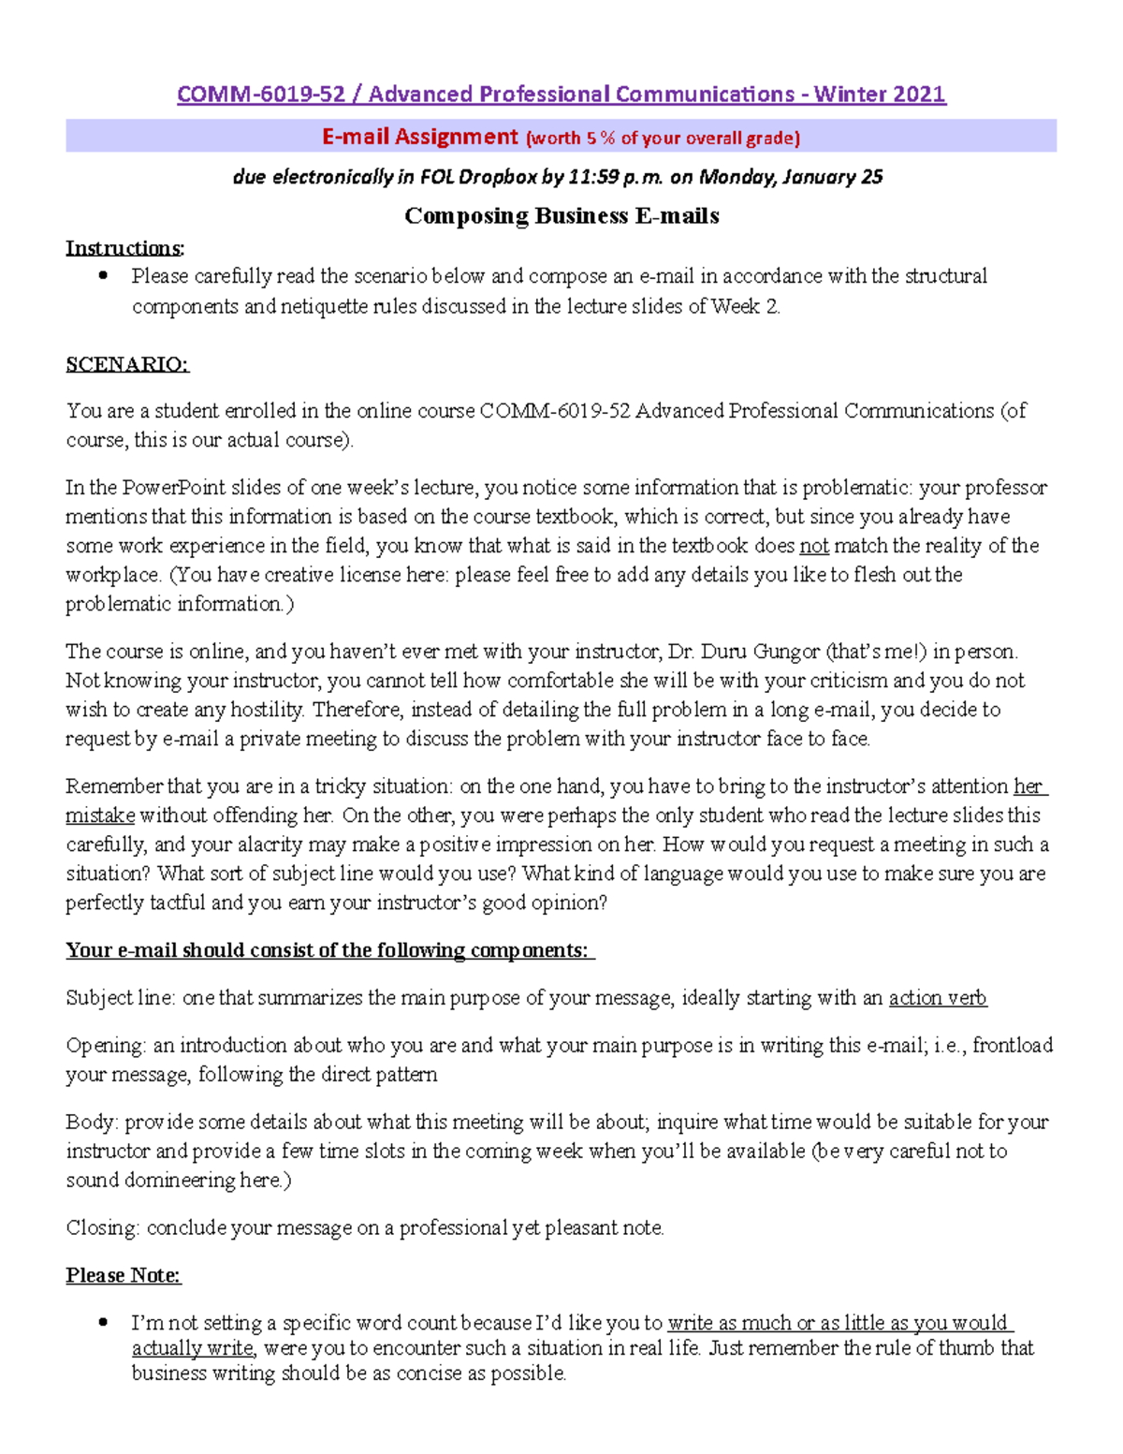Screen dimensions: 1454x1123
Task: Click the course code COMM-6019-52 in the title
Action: (261, 95)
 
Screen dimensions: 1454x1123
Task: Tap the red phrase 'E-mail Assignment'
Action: (419, 137)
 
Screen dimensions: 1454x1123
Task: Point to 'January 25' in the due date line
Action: (832, 177)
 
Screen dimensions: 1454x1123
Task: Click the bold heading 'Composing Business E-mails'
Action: (561, 216)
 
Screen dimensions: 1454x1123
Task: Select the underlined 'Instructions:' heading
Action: (125, 248)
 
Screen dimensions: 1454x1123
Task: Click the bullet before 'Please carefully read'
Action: (103, 275)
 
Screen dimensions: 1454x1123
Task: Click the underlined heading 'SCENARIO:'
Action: (127, 364)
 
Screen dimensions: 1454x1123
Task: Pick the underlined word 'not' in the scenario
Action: (813, 546)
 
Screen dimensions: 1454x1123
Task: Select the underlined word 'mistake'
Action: (100, 815)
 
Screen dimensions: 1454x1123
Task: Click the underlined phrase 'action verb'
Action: (937, 998)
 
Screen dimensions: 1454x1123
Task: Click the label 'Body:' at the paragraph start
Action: (93, 1122)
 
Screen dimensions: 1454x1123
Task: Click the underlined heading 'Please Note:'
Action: (124, 1275)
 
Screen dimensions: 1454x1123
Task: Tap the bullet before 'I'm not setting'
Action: (103, 1322)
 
